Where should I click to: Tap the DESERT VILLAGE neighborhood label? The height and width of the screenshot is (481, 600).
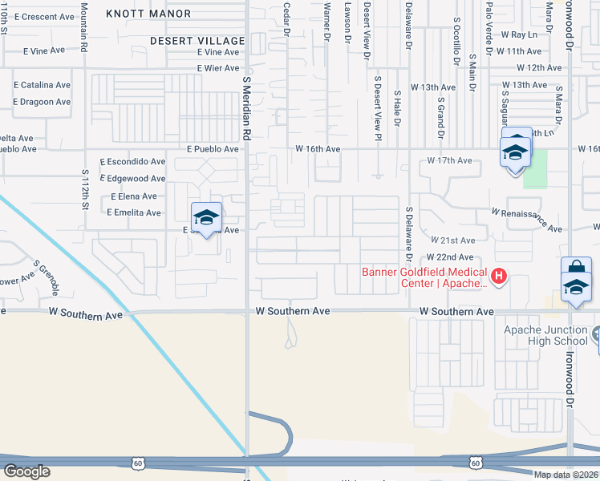click(197, 41)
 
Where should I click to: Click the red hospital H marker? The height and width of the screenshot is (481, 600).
click(499, 277)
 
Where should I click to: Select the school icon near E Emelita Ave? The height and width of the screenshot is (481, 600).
click(206, 216)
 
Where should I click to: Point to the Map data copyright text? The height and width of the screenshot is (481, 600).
click(566, 475)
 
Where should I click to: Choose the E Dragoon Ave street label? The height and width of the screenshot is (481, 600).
click(42, 102)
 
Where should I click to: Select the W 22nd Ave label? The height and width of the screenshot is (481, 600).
click(450, 257)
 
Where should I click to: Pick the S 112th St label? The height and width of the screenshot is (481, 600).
click(84, 186)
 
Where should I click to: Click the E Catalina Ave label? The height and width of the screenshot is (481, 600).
click(42, 84)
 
